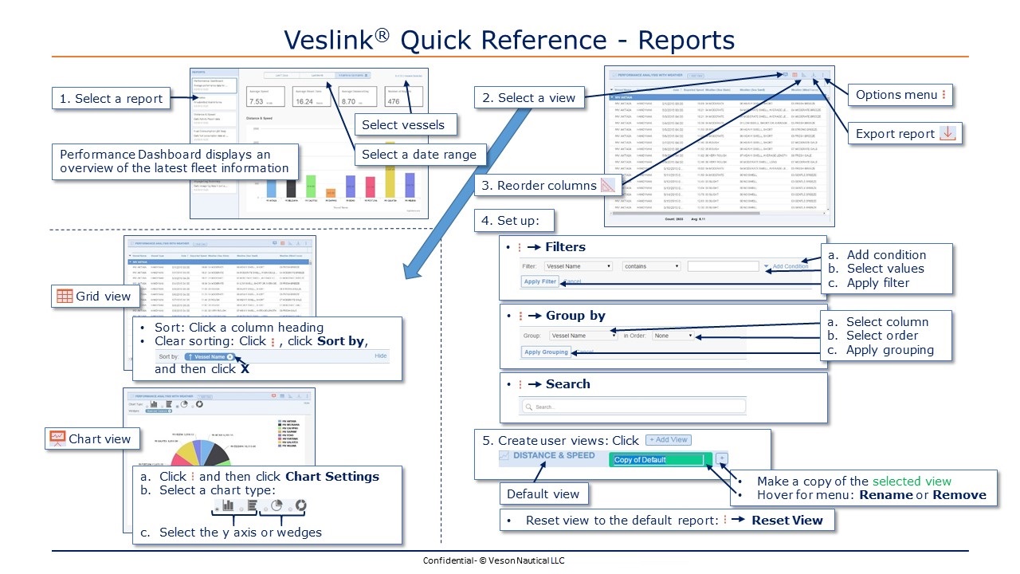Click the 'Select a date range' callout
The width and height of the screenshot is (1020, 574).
[418, 155]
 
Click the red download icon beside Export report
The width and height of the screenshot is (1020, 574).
[947, 133]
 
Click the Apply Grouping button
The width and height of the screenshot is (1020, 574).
[546, 352]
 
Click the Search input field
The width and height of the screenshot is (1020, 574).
[634, 407]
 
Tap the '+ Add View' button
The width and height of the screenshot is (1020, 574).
[668, 440]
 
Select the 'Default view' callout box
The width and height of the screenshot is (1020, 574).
[543, 494]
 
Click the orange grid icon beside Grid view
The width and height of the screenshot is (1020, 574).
[64, 297]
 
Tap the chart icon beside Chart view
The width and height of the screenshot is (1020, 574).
[57, 438]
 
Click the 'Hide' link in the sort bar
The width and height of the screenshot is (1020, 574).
[380, 356]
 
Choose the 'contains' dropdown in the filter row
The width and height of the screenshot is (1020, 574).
[651, 266]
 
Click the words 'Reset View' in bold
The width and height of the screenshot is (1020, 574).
[787, 521]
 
